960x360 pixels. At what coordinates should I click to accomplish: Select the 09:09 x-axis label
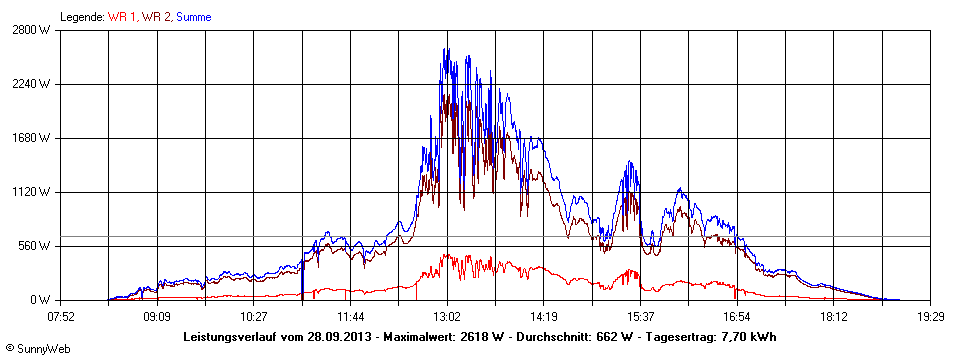(x=157, y=316)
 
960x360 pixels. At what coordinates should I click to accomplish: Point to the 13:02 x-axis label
(x=447, y=316)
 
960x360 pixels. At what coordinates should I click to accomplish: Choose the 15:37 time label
(x=640, y=316)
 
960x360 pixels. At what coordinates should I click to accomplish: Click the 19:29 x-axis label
(x=930, y=316)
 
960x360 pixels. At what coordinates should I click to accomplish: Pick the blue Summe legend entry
(x=193, y=16)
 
